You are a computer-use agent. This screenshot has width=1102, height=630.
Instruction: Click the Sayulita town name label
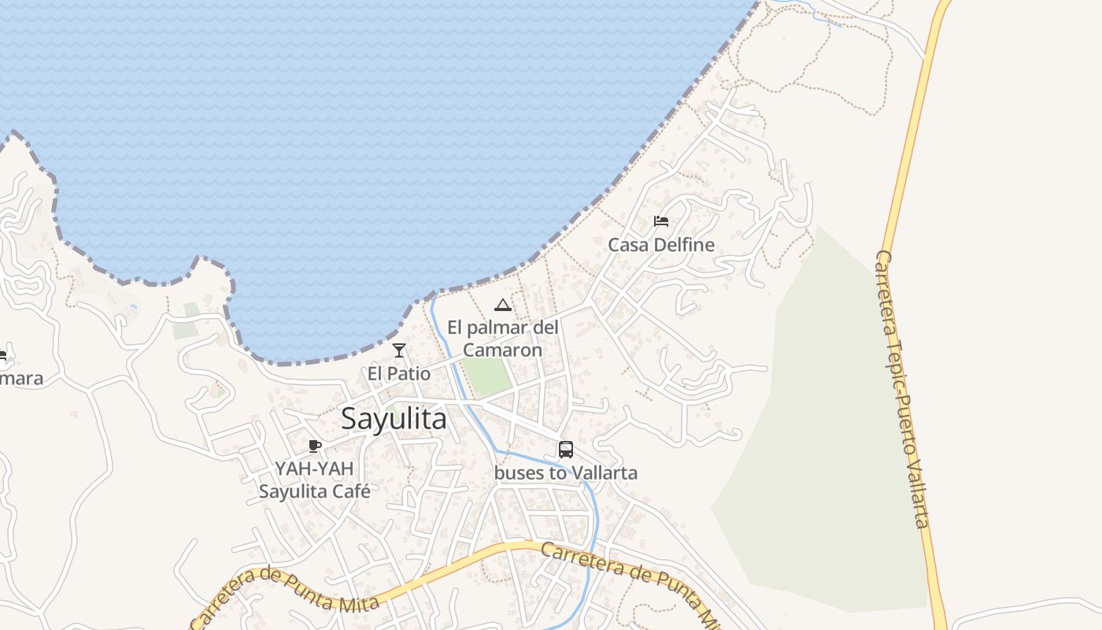pos(394,419)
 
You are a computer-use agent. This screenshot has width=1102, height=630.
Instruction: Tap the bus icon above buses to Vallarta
pos(565,450)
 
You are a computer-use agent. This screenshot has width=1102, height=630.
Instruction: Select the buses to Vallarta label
pos(565,472)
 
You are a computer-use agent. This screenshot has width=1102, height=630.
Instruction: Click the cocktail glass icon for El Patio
pos(399,350)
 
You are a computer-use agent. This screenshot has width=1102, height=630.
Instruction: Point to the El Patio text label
pos(399,372)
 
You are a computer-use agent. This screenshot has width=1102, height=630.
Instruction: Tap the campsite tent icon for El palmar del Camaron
pos(502,305)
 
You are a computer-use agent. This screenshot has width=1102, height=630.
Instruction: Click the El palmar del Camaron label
pos(502,338)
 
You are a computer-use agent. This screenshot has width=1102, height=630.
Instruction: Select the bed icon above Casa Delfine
pos(661,221)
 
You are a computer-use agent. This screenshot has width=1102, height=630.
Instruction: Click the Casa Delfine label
pos(661,245)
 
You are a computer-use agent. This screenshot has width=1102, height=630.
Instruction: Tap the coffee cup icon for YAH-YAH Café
pos(315,447)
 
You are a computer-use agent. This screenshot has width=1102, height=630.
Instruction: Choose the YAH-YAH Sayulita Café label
pos(314,480)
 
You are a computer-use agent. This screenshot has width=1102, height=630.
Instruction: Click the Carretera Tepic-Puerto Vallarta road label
pos(903,390)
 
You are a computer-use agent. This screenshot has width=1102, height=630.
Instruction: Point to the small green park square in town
pos(486,376)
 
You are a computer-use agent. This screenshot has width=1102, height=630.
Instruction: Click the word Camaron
pos(502,350)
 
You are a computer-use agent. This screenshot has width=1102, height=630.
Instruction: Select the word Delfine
pos(687,245)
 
